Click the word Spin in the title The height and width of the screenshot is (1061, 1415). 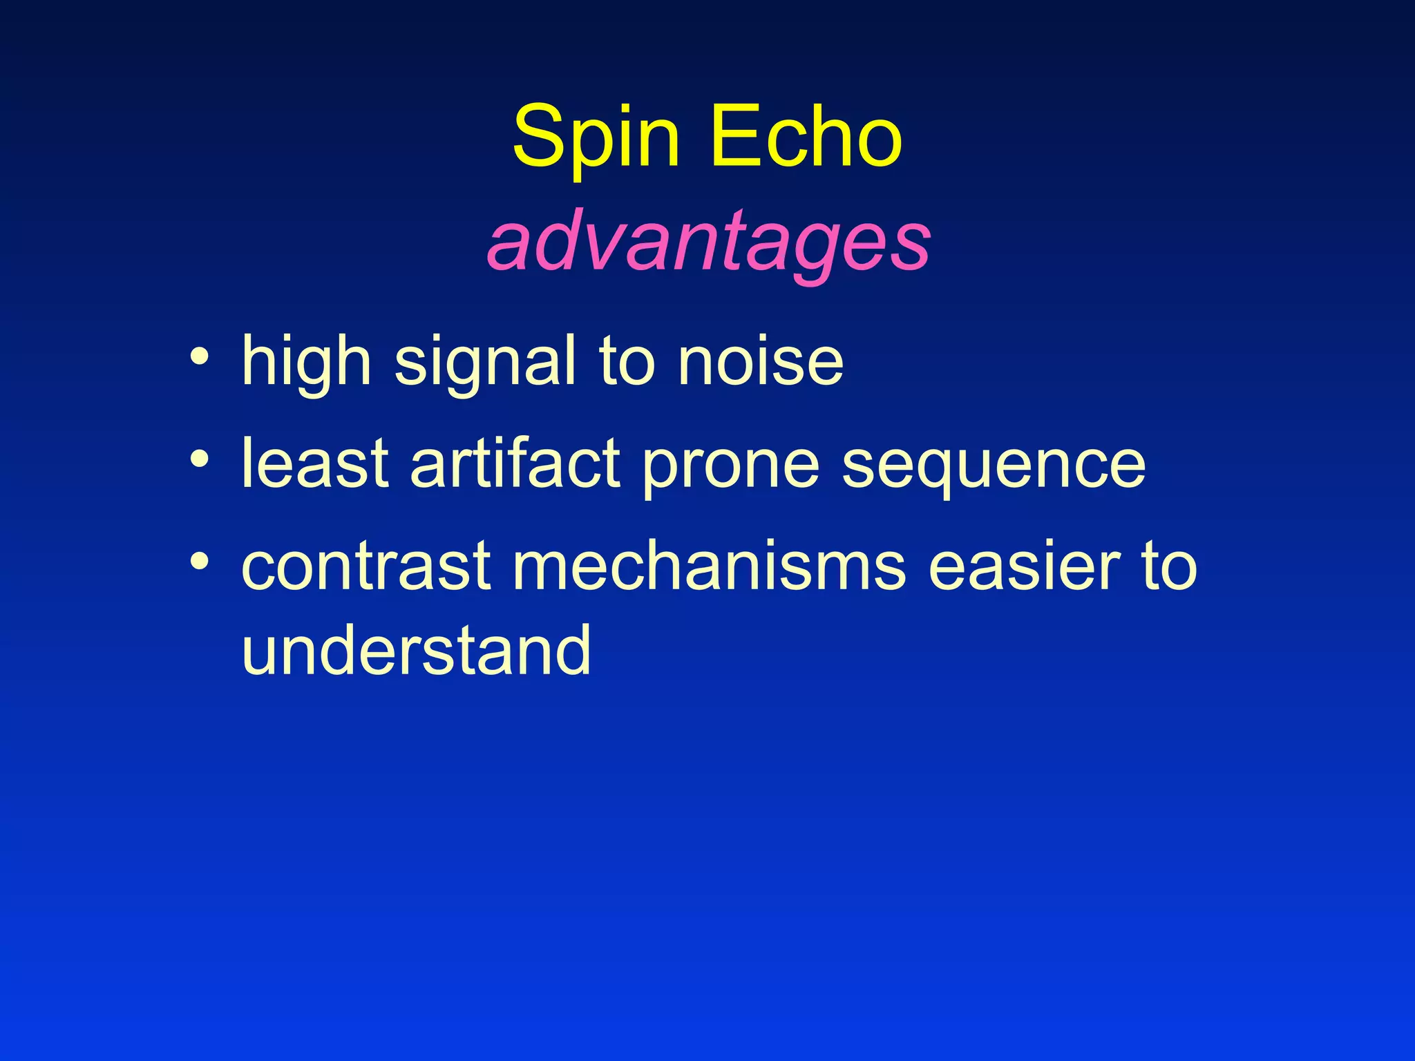[596, 138]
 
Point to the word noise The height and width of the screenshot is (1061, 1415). [760, 361]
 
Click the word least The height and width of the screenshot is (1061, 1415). [315, 463]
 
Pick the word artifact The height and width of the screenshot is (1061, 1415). [515, 463]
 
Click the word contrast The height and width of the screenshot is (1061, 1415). [366, 567]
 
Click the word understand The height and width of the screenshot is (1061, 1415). [416, 649]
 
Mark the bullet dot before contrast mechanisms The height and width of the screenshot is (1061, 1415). [200, 561]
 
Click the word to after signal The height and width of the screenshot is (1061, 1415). [626, 361]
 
